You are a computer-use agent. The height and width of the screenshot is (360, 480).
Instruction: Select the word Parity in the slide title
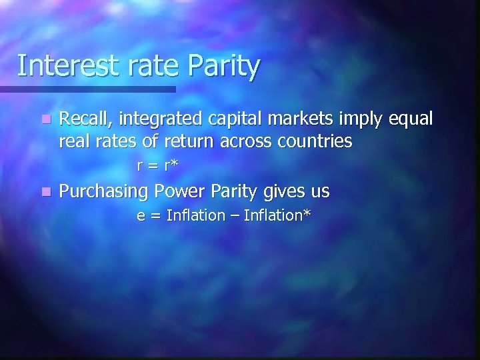pyautogui.click(x=225, y=67)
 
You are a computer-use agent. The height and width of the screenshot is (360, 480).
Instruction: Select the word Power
pyautogui.click(x=177, y=192)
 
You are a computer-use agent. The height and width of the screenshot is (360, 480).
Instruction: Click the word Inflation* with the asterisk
pyautogui.click(x=278, y=215)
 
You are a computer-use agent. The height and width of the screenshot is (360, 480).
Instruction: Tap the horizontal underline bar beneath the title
pyautogui.click(x=87, y=89)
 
